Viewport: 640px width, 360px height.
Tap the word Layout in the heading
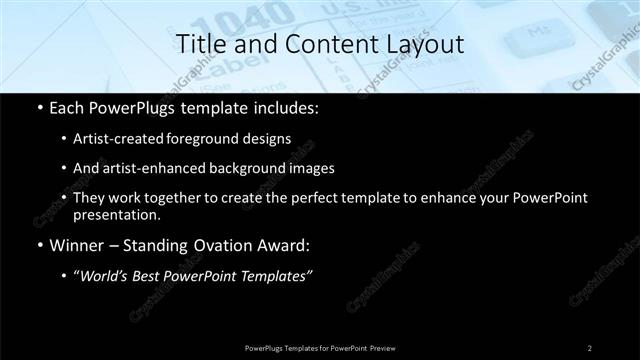tap(424, 45)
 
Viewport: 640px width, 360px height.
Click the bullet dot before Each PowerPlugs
tap(39, 108)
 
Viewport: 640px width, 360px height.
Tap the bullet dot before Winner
tap(39, 244)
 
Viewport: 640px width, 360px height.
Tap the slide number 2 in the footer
tap(589, 347)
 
